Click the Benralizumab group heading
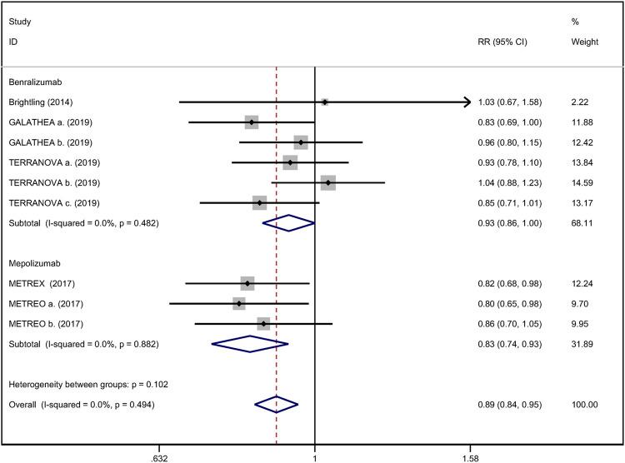(x=36, y=82)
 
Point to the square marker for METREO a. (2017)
(x=239, y=303)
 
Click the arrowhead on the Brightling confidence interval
(x=465, y=102)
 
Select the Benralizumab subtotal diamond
(x=288, y=223)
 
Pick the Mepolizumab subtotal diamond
(x=250, y=343)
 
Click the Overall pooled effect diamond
(x=276, y=404)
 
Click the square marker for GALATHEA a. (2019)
(x=252, y=122)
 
